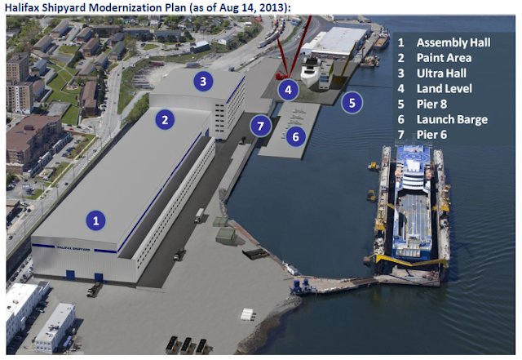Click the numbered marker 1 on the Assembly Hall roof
pyautogui.click(x=96, y=220)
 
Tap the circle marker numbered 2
pyautogui.click(x=165, y=120)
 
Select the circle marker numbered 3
pyautogui.click(x=203, y=81)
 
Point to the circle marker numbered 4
pyautogui.click(x=288, y=90)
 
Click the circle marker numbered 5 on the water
pyautogui.click(x=352, y=103)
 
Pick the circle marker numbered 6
pyautogui.click(x=295, y=136)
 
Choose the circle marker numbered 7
pyautogui.click(x=260, y=126)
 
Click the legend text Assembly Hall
pyautogui.click(x=453, y=42)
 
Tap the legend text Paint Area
pyautogui.click(x=444, y=58)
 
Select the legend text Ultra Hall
pyautogui.click(x=441, y=73)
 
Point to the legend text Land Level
pyautogui.click(x=444, y=88)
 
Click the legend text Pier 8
pyautogui.click(x=431, y=104)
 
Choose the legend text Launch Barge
pyautogui.click(x=452, y=119)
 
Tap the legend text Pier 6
pyautogui.click(x=431, y=135)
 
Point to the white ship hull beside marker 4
pyautogui.click(x=310, y=73)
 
